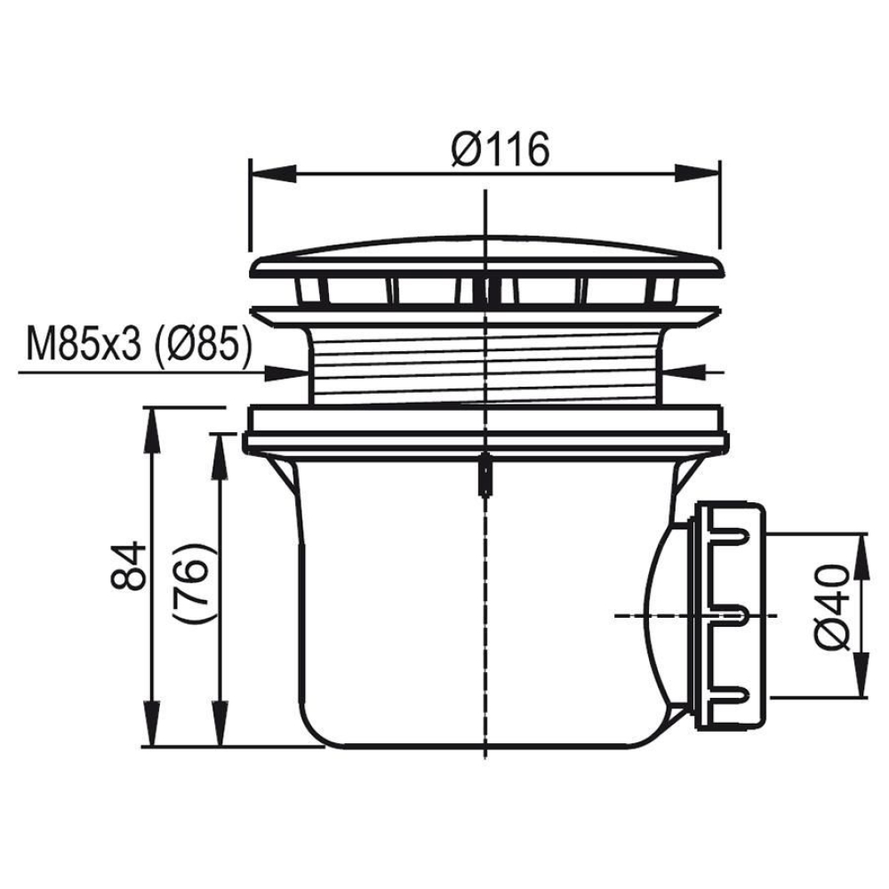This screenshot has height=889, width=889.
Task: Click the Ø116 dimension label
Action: (501, 148)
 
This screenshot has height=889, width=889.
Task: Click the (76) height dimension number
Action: (194, 583)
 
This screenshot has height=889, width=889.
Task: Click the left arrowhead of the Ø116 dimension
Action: (273, 174)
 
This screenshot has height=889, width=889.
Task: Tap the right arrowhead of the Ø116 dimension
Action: (697, 174)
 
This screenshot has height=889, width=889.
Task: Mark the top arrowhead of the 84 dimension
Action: (150, 429)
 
